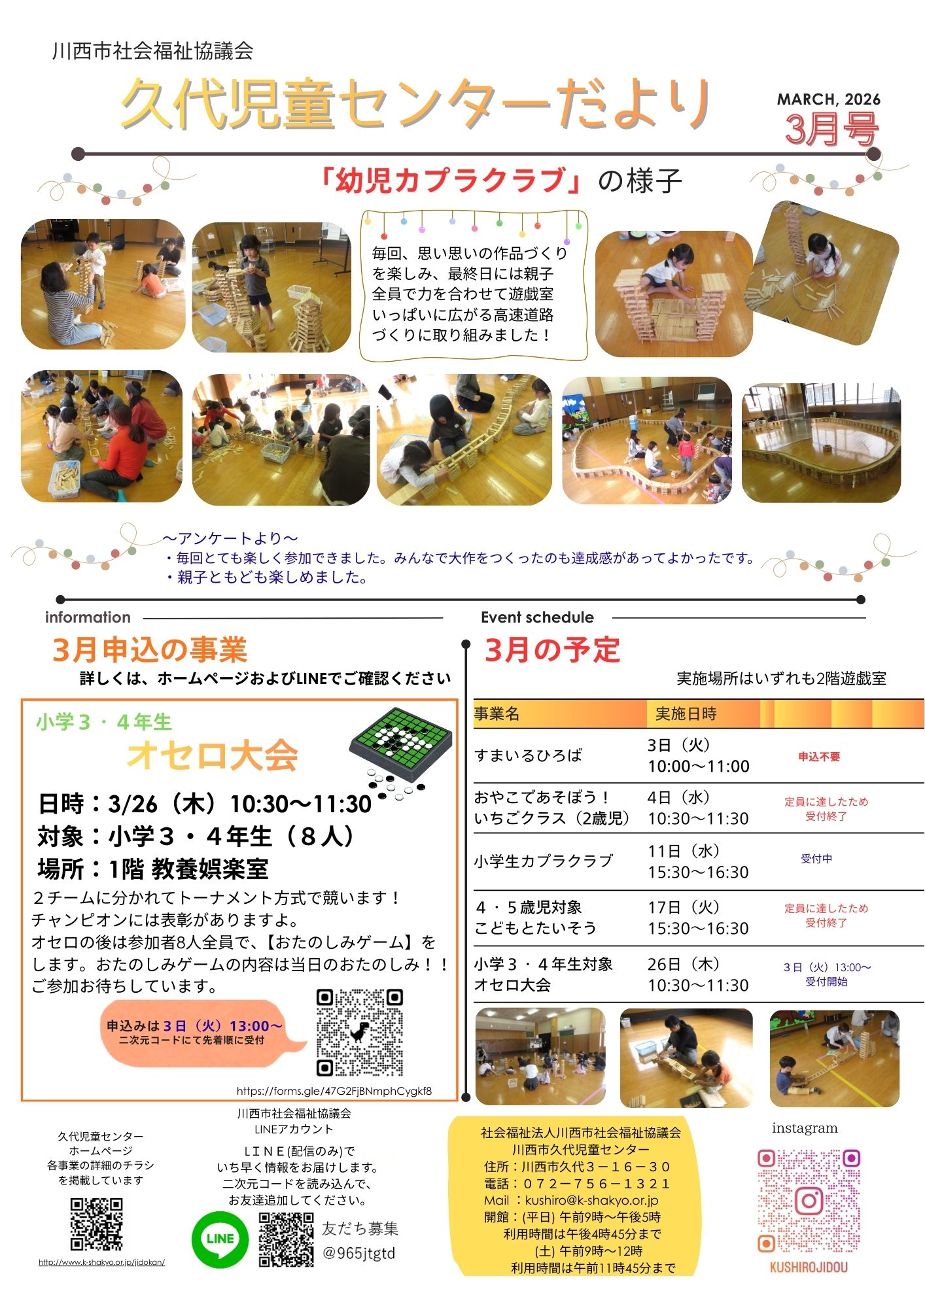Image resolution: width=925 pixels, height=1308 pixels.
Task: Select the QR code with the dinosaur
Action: pyautogui.click(x=360, y=1033)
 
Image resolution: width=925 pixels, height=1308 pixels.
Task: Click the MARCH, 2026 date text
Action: pyautogui.click(x=828, y=99)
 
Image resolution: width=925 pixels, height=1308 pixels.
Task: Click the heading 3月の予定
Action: pyautogui.click(x=551, y=650)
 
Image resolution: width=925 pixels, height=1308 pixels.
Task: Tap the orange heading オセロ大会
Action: pyautogui.click(x=213, y=756)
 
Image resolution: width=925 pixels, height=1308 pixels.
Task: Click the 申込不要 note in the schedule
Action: pyautogui.click(x=819, y=757)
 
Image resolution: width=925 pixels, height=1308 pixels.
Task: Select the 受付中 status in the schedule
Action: pyautogui.click(x=816, y=859)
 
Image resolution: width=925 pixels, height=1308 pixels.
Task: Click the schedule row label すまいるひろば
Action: pyautogui.click(x=528, y=755)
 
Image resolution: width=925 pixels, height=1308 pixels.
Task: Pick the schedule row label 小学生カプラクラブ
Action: pyautogui.click(x=544, y=861)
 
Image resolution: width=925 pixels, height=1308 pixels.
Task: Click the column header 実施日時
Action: pyautogui.click(x=686, y=714)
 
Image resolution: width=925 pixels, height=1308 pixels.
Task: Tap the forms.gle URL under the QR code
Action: pyautogui.click(x=334, y=1091)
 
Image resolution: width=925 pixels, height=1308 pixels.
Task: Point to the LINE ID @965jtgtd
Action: pyautogui.click(x=359, y=1254)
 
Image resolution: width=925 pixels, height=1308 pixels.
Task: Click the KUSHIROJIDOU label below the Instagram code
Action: pyautogui.click(x=809, y=1267)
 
